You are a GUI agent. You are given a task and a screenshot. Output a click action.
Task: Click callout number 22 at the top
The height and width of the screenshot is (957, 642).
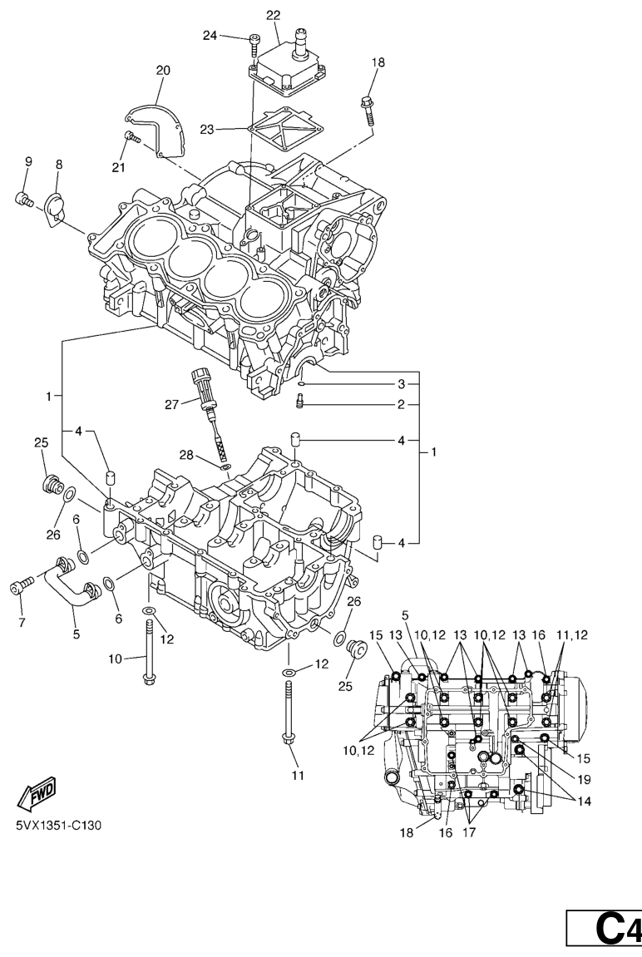click(274, 15)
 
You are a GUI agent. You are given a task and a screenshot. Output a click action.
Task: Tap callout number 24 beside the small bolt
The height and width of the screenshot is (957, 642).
click(210, 35)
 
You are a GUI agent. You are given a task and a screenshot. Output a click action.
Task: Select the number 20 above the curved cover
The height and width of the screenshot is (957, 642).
click(162, 71)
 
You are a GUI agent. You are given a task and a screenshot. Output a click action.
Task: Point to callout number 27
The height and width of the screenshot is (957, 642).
click(171, 405)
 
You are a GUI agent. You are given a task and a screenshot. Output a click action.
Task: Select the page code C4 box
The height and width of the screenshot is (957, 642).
click(605, 927)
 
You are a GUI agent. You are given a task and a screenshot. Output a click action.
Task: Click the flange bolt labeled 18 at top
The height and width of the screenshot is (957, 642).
click(367, 107)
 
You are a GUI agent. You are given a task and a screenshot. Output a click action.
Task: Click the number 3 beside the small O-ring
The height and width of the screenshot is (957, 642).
click(401, 384)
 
